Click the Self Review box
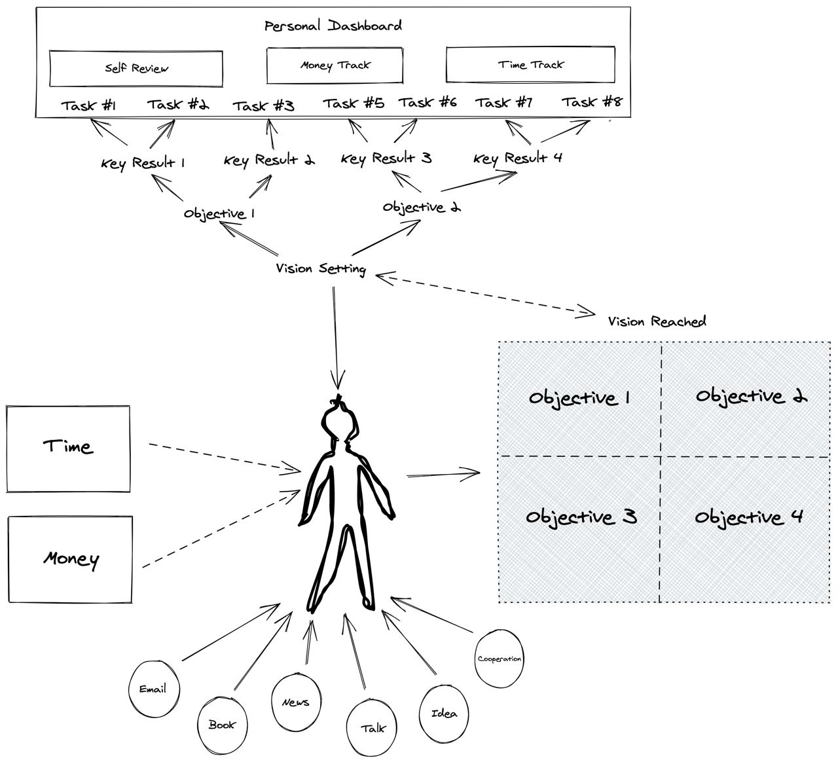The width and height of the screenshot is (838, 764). point(136,69)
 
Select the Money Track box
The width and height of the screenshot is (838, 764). point(335,65)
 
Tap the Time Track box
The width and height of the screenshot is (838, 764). point(530,65)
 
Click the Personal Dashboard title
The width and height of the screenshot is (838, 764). point(333,26)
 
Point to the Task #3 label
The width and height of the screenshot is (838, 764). point(263,106)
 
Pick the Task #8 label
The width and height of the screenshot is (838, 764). point(592,102)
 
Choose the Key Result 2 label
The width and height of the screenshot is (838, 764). point(269,160)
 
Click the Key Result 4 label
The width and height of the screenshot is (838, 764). point(518,158)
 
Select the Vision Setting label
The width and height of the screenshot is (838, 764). point(321,268)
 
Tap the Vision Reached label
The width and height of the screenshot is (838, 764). point(657,321)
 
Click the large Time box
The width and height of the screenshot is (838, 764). point(68,448)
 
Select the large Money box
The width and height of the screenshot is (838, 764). point(70,559)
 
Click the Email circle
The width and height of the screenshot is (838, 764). point(153,689)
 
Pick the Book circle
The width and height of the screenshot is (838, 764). point(222,725)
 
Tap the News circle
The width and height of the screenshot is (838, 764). point(296,702)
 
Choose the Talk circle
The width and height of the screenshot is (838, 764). point(373,728)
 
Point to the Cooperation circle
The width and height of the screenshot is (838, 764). point(500,659)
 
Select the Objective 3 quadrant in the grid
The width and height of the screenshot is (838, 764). point(580,517)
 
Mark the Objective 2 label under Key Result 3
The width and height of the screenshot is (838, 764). point(421,208)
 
